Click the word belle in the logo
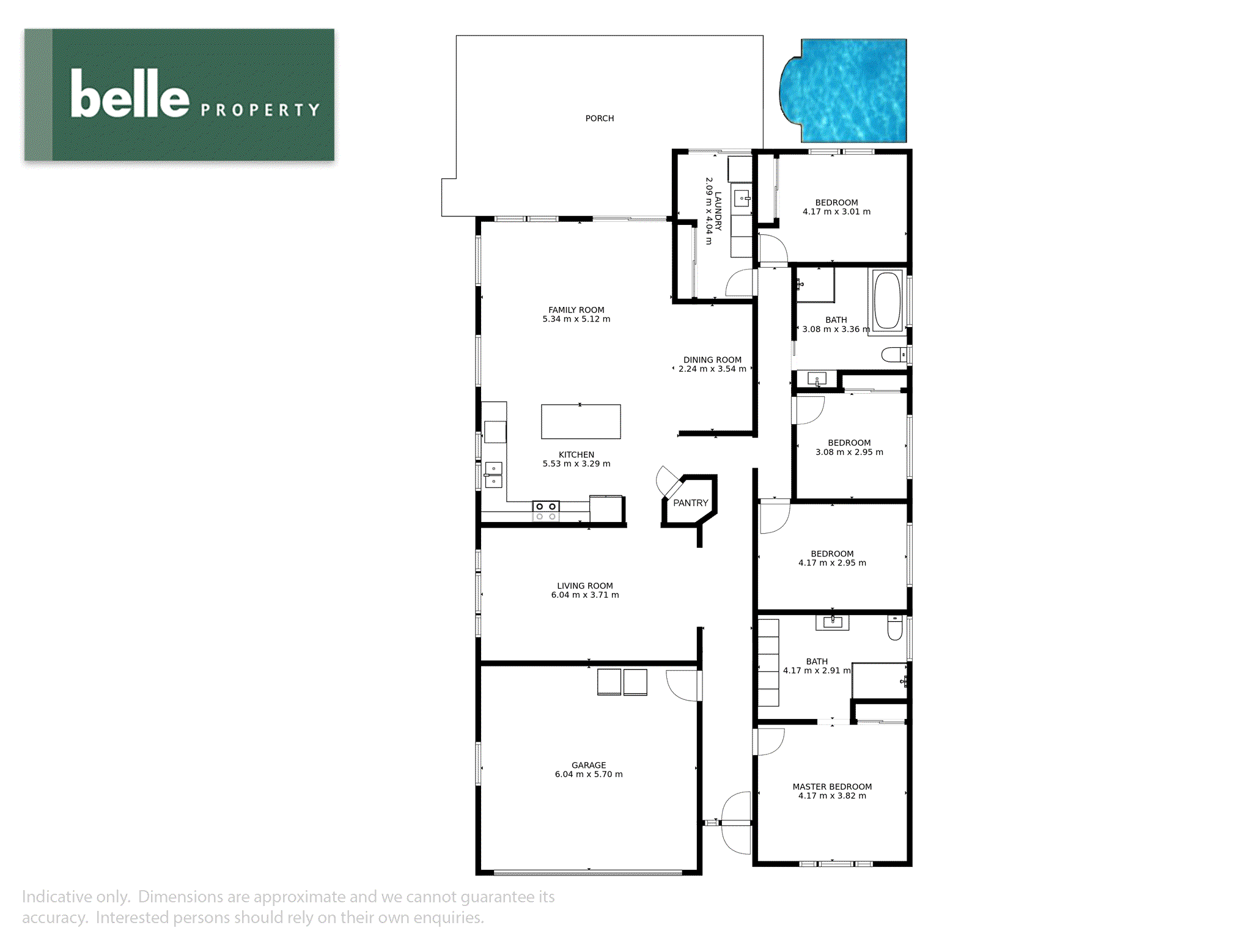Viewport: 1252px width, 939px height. [130, 94]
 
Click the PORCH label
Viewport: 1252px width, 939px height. [599, 119]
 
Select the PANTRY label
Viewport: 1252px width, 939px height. [690, 503]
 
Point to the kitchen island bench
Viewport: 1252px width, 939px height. [581, 422]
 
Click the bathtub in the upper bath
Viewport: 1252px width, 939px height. [887, 301]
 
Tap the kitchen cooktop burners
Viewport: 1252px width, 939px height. [545, 511]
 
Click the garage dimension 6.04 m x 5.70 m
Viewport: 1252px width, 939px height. [589, 775]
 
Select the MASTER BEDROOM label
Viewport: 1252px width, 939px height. [832, 787]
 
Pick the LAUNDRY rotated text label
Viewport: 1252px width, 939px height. [718, 211]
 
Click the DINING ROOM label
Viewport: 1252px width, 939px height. [712, 360]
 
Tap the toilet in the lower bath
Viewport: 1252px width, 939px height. [894, 628]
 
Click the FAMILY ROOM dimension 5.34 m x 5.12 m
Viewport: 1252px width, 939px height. [576, 319]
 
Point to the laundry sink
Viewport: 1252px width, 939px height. [742, 198]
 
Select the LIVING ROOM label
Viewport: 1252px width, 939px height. [584, 586]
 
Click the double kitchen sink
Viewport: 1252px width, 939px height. [493, 475]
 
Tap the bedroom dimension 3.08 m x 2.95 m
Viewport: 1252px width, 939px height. [849, 452]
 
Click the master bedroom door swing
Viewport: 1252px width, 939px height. [770, 742]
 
